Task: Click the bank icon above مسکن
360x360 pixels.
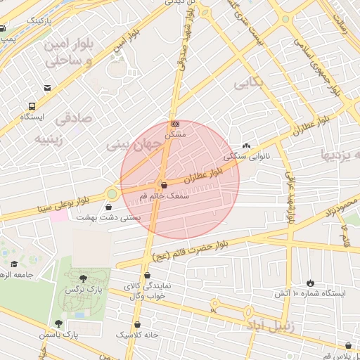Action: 175,124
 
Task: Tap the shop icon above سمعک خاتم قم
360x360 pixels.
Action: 164,186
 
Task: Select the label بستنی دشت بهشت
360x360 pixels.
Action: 108,218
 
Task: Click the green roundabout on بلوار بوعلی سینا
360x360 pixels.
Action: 112,193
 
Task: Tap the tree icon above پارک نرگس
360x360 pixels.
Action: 84,278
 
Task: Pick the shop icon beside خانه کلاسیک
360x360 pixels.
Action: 137,324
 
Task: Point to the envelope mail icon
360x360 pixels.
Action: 47,88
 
